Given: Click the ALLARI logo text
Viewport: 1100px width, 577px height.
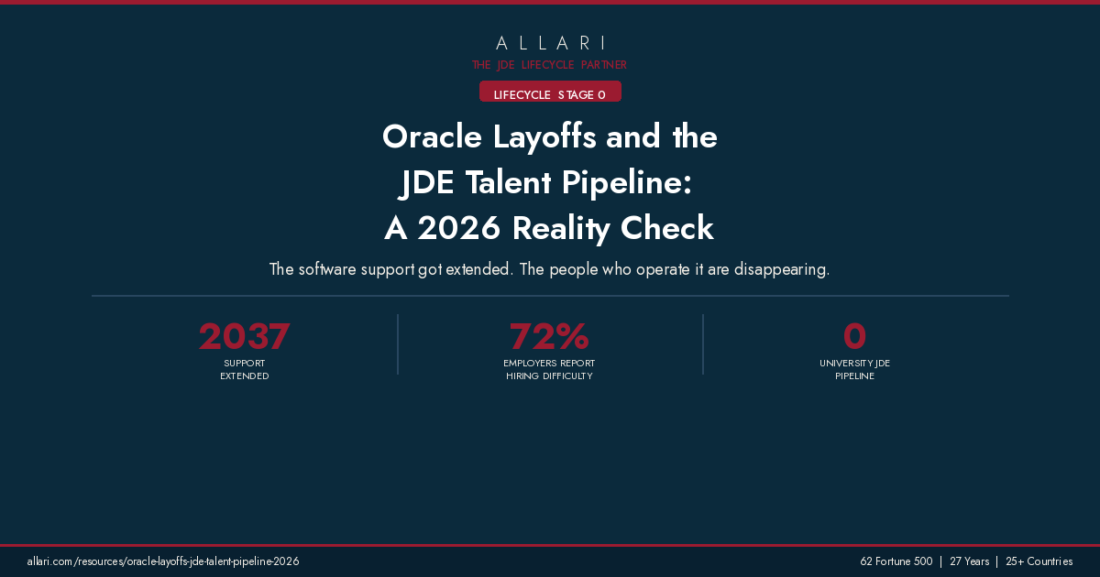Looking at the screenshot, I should (550, 43).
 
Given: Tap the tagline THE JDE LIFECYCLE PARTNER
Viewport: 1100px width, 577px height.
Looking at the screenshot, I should (550, 65).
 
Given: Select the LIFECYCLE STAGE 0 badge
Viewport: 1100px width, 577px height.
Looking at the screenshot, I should (550, 94).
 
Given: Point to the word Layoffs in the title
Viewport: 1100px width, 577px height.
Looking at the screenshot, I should (545, 137).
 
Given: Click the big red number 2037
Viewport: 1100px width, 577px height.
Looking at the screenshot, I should (244, 337).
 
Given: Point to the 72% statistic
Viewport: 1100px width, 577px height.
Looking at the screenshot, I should (549, 337).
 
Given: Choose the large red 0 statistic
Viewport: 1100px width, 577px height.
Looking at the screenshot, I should (854, 337).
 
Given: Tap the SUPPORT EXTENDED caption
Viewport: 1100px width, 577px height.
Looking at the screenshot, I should (244, 370).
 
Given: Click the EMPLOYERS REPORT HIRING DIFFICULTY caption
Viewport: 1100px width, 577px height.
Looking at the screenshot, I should (549, 370).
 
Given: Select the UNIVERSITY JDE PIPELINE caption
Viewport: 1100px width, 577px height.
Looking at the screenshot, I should (854, 370).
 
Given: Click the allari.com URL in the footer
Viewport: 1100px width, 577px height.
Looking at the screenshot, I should (163, 561).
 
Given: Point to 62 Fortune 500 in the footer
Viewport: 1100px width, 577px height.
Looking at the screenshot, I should (896, 561).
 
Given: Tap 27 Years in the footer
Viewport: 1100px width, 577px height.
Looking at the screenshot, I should (969, 561).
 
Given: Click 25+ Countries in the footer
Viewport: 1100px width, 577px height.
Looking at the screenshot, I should (1039, 561).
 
